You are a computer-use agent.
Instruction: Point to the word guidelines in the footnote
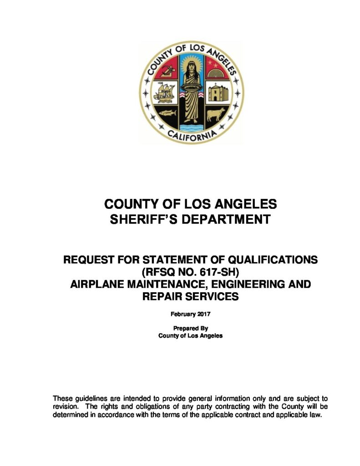pos(96,398)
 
